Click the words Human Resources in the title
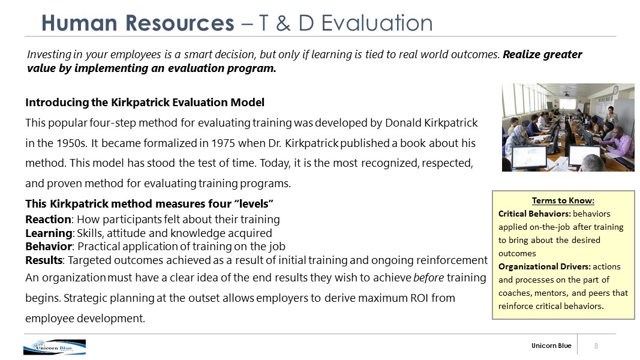coord(138,23)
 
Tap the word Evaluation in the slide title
coord(377,23)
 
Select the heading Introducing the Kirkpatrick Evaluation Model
coord(145,102)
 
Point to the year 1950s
coord(72,143)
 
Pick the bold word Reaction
coord(48,220)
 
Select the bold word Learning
coord(49,233)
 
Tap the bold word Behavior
coord(49,247)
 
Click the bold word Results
coord(44,260)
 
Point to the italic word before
coord(429,278)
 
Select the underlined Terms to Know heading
coord(563,200)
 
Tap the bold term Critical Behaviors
coord(534,214)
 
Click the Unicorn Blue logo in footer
coord(55,347)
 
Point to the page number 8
coord(596,346)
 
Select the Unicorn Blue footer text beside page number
coord(551,346)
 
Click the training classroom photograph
coord(568,127)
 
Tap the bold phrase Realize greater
coord(542,55)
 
